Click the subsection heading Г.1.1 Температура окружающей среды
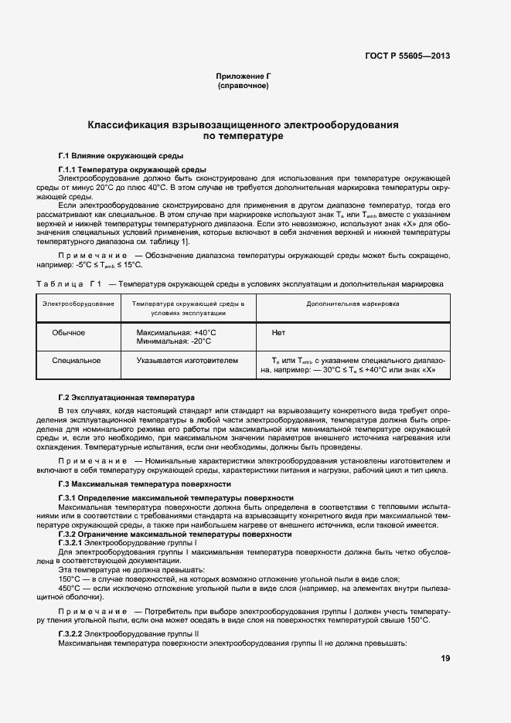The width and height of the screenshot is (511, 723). point(131,169)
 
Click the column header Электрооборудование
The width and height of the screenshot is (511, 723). point(79,304)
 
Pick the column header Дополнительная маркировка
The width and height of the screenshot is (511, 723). point(353,304)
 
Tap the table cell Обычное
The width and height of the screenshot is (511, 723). point(68,333)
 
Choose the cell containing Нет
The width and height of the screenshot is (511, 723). point(279,333)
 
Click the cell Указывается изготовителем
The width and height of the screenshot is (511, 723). point(187,360)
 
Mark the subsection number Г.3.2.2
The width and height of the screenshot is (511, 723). point(74,633)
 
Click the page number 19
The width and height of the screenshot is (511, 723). point(445,658)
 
